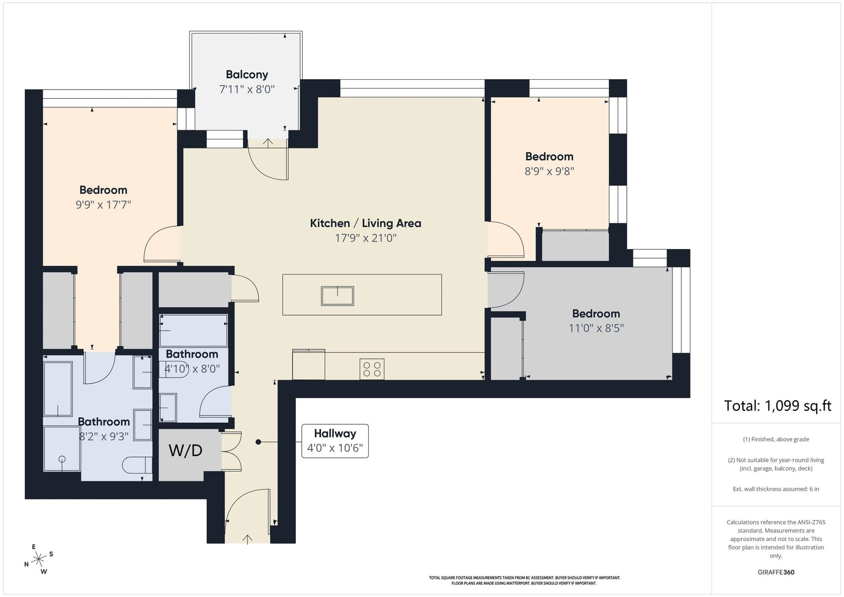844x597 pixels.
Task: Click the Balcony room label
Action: pos(247,74)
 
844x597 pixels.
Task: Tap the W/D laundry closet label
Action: pos(185,450)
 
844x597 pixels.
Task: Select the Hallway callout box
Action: pos(335,441)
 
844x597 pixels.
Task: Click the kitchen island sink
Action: pos(337,296)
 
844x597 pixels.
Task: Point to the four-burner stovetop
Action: pos(372,369)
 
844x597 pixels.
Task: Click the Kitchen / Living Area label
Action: pos(366,223)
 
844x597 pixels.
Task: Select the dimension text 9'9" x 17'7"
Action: pos(103,205)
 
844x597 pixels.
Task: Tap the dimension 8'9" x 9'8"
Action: pos(549,171)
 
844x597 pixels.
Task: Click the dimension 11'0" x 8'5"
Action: pos(596,328)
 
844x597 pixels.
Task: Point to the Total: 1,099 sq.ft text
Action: pos(778,406)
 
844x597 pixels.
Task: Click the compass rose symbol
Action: pos(39,559)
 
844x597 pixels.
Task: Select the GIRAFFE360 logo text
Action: pos(776,572)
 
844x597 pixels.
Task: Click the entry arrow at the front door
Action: pos(247,540)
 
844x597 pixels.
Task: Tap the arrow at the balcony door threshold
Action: pos(268,143)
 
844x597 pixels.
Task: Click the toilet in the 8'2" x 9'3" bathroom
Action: pos(137,465)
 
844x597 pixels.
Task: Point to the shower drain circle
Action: pos(62,459)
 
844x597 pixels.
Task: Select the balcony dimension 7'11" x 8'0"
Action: pos(247,90)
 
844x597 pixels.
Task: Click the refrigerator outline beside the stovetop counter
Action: pos(309,364)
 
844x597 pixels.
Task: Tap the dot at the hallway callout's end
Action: pos(258,442)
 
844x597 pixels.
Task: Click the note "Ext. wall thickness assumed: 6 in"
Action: pos(776,489)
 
